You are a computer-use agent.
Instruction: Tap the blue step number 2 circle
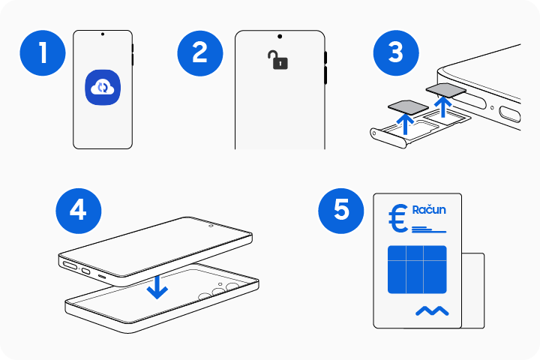pyautogui.click(x=199, y=52)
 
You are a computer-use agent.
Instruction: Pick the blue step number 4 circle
pyautogui.click(x=78, y=209)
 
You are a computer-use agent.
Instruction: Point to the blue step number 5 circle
pyautogui.click(x=341, y=209)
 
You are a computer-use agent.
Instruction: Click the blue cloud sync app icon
pyautogui.click(x=103, y=88)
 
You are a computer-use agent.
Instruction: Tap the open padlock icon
pyautogui.click(x=279, y=60)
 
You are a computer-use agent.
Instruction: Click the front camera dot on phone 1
pyautogui.click(x=103, y=35)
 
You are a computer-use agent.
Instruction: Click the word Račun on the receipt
pyautogui.click(x=429, y=210)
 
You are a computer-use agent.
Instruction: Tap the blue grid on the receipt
pyautogui.click(x=417, y=269)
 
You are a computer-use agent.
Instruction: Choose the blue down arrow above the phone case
pyautogui.click(x=157, y=286)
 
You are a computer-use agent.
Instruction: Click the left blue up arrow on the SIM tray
pyautogui.click(x=406, y=123)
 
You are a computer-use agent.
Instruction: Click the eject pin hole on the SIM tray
pyautogui.click(x=375, y=133)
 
